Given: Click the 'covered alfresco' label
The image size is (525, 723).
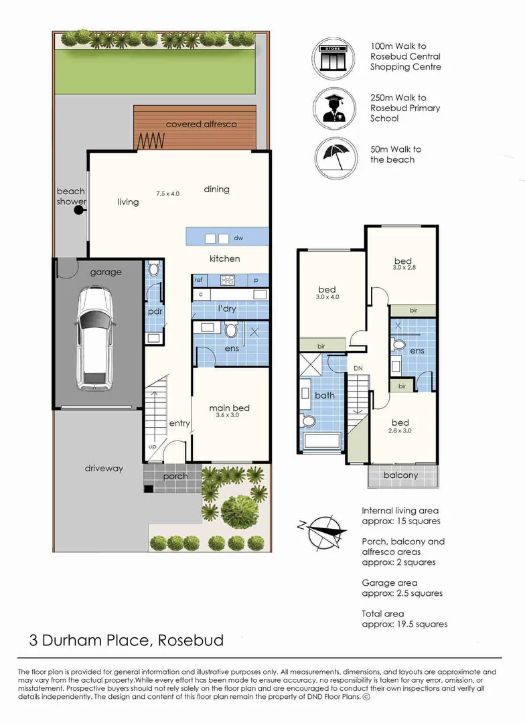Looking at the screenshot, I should point(201,125).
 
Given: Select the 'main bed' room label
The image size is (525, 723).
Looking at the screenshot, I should point(230,408).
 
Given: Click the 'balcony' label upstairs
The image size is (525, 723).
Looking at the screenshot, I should point(400,475).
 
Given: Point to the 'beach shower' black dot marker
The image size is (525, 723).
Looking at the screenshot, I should point(79,210).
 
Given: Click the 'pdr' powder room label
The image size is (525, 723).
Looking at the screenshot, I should point(155,311).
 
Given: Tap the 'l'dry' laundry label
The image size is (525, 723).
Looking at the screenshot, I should point(227,309).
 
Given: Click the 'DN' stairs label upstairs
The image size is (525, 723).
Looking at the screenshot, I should point(358,368).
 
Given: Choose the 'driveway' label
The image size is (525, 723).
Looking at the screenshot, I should point(104,468).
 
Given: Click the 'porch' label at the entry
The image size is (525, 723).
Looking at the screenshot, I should point(175,476).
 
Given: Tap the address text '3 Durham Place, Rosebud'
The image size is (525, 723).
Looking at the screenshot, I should point(127,640).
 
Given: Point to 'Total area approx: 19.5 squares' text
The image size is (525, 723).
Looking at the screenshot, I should point(404,619).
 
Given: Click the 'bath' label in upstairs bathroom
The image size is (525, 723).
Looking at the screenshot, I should point(325,395).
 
